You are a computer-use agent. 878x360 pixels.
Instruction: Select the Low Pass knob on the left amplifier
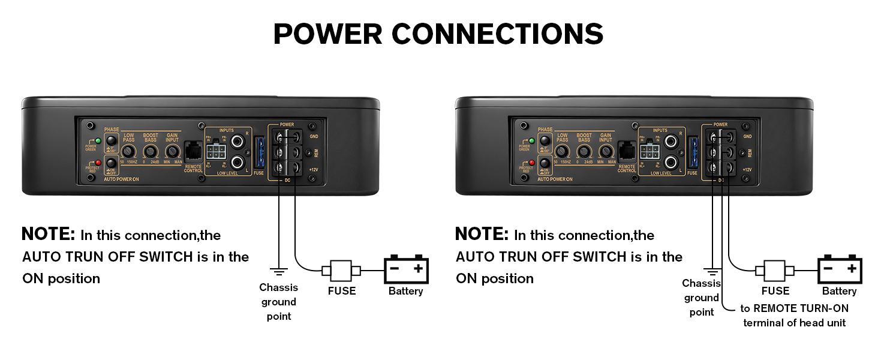129,152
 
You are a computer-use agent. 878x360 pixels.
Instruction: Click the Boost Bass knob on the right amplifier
584,152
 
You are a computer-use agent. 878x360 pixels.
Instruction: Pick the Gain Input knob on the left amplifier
172,152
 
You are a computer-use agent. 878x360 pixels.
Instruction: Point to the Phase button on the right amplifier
545,142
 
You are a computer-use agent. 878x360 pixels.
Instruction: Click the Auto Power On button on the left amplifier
111,164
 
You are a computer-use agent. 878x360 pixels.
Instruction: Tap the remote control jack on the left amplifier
193,150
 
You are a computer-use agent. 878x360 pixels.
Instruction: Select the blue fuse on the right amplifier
693,152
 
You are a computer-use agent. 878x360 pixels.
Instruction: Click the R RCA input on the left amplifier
237,142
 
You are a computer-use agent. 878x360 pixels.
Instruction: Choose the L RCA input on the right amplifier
671,162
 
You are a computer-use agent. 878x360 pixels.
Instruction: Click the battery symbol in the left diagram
407,269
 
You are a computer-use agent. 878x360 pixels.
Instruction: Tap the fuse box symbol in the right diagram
774,270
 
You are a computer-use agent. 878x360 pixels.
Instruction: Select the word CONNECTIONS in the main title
497,34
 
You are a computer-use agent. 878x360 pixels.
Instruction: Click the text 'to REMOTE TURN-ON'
794,308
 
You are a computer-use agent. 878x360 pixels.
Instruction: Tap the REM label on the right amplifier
747,153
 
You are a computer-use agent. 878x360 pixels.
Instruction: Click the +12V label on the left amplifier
313,170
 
